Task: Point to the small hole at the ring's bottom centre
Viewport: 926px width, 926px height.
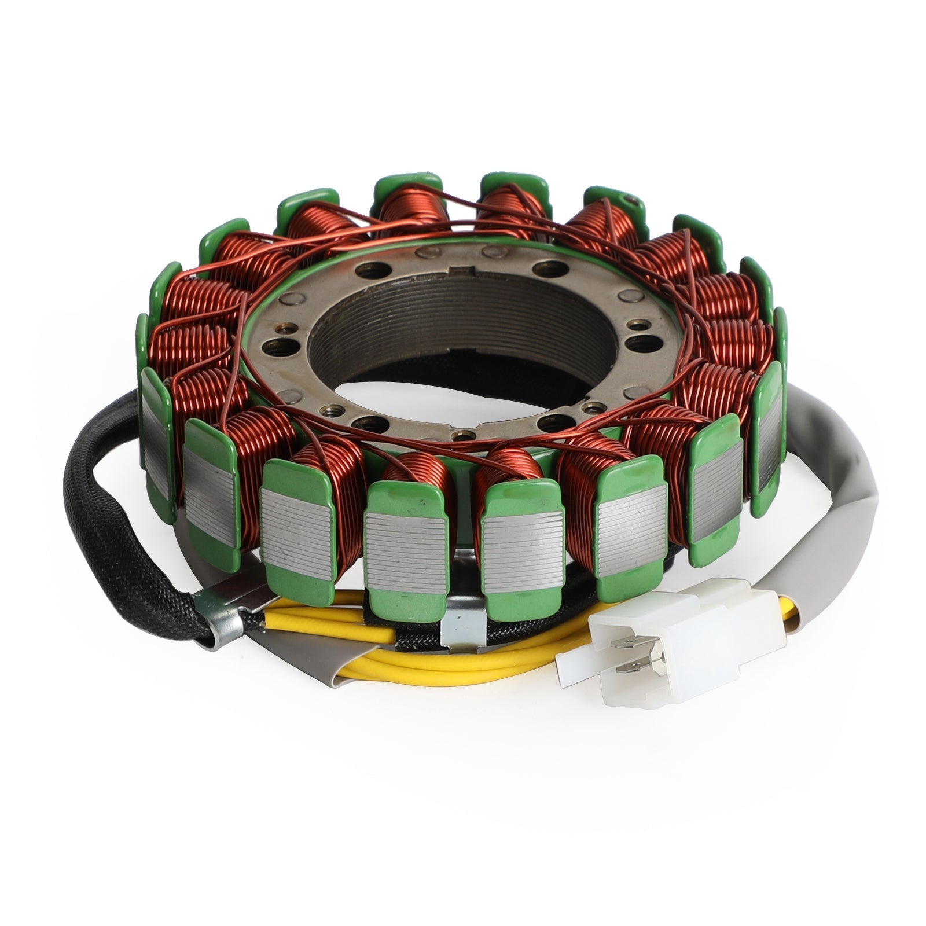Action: pyautogui.click(x=464, y=435)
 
